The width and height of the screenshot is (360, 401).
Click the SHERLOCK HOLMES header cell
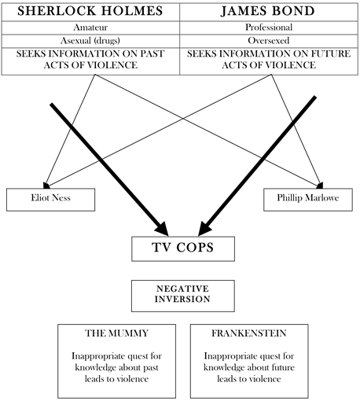[x=90, y=12]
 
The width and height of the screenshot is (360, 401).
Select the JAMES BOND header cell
[x=269, y=12]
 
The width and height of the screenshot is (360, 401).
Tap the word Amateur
[x=90, y=28]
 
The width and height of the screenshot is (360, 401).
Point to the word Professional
[x=269, y=28]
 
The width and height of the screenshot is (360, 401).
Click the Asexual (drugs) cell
[x=90, y=41]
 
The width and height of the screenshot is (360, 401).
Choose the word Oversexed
[x=269, y=41]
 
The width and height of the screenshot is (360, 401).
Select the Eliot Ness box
[x=50, y=200]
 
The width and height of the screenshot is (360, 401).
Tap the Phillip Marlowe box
[x=308, y=200]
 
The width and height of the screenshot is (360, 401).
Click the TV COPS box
[x=183, y=248]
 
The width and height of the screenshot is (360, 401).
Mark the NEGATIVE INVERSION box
[x=183, y=296]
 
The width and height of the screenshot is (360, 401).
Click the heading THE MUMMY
[x=116, y=333]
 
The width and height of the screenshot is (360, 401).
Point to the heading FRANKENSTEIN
[x=249, y=333]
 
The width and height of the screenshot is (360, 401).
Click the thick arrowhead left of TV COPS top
[x=162, y=230]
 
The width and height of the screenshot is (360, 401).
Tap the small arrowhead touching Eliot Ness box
[x=46, y=186]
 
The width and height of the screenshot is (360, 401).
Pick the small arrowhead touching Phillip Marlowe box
[x=320, y=186]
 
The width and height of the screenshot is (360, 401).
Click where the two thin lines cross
[x=183, y=119]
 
